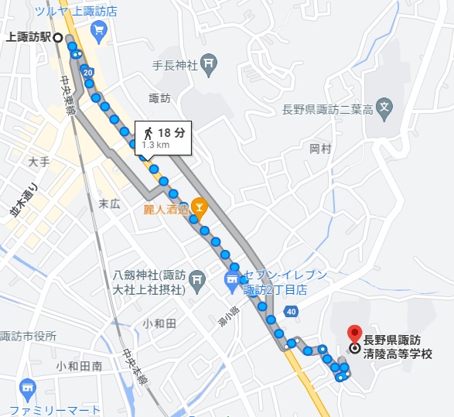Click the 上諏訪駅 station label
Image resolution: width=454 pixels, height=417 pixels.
pyautogui.click(x=28, y=36)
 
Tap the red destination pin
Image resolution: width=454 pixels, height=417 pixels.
pyautogui.click(x=354, y=333)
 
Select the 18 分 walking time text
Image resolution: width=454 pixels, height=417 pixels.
pyautogui.click(x=171, y=132)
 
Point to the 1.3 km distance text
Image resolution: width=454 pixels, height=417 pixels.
pyautogui.click(x=155, y=145)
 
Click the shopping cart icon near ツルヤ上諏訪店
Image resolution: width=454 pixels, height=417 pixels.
pyautogui.click(x=98, y=30)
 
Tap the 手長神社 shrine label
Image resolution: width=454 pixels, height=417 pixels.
pyautogui.click(x=175, y=66)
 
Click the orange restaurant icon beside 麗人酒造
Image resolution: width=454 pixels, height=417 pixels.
pyautogui.click(x=199, y=207)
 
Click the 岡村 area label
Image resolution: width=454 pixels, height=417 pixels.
pyautogui.click(x=320, y=148)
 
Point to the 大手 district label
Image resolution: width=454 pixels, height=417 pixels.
pyautogui.click(x=39, y=162)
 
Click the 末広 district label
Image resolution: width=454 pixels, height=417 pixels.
pyautogui.click(x=110, y=203)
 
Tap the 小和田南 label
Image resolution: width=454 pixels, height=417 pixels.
pyautogui.click(x=79, y=366)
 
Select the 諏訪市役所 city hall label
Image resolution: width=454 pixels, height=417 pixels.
pyautogui.click(x=29, y=336)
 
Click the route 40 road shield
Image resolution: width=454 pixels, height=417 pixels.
pyautogui.click(x=290, y=311)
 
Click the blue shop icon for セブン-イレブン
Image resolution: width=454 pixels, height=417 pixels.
pyautogui.click(x=232, y=282)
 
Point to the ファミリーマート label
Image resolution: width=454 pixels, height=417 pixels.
pyautogui.click(x=56, y=409)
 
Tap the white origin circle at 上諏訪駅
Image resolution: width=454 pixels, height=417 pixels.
pyautogui.click(x=58, y=36)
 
